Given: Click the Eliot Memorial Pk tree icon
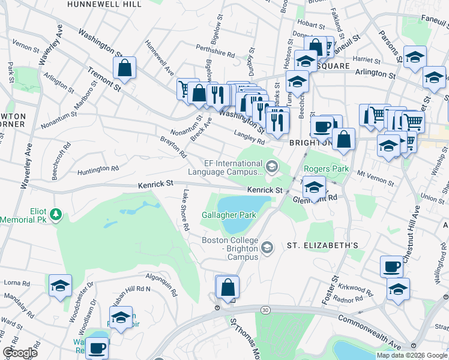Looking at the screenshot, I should point(56,214).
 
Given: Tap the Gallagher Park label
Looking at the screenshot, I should point(229,215).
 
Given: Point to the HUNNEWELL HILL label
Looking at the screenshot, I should point(104,4).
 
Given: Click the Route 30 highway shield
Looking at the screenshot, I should point(265,310).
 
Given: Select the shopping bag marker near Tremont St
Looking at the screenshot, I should point(124,69).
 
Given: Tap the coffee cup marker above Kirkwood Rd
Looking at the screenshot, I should point(391,266).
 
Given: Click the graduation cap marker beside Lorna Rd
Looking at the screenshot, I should point(60,286).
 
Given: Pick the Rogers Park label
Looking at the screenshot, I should point(327,169).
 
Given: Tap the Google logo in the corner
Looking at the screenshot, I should point(20,353).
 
